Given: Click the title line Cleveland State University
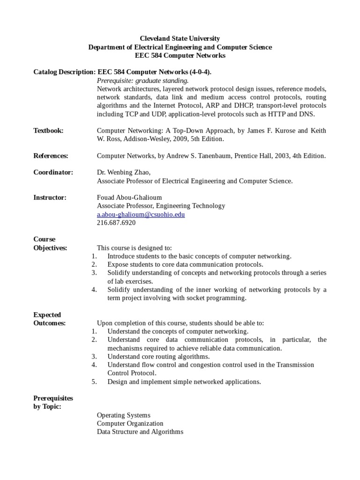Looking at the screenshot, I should [x=180, y=38].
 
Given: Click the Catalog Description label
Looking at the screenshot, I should [x=64, y=72].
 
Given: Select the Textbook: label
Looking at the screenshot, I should [x=48, y=131].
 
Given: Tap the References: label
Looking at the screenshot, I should [x=51, y=156].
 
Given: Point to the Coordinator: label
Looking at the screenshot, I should [x=53, y=172].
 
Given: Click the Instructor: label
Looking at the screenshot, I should [x=50, y=198].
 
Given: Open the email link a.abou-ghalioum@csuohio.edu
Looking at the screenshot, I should [x=141, y=215].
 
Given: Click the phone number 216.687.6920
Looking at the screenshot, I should [x=116, y=223].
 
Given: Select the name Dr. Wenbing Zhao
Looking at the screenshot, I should [x=123, y=172].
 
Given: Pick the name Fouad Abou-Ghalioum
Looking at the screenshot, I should [x=129, y=198].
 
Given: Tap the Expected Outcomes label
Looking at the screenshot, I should [x=49, y=319].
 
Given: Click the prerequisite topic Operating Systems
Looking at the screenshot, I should [x=123, y=415].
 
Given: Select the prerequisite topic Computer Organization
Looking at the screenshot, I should [x=130, y=424].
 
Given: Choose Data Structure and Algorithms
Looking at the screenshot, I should [x=140, y=432].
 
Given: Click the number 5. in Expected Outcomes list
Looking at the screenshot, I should [x=94, y=382].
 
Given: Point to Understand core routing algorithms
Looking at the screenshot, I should [x=158, y=357].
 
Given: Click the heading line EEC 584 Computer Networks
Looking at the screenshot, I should [x=180, y=55].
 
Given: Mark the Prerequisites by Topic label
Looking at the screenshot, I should [x=53, y=402].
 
